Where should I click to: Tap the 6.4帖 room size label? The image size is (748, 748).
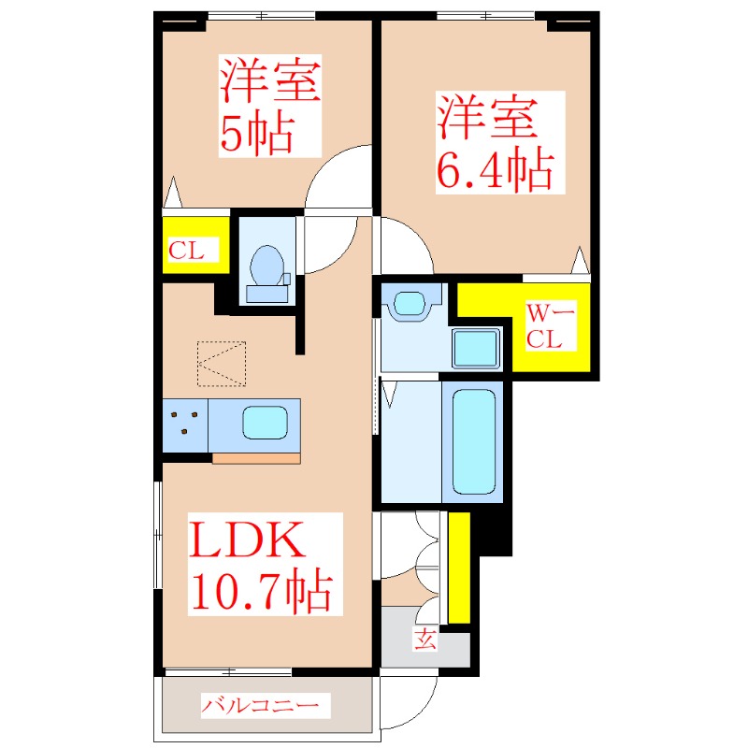click(x=495, y=169)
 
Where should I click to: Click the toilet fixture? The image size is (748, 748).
click(x=267, y=267)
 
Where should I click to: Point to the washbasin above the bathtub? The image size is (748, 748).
click(x=410, y=304)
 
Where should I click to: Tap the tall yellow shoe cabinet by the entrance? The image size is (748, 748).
click(x=458, y=567)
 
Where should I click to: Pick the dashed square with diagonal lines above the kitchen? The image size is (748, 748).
click(x=223, y=364)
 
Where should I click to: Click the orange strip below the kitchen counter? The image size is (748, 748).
click(x=256, y=458)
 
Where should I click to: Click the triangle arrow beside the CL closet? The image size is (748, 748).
click(x=172, y=194)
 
